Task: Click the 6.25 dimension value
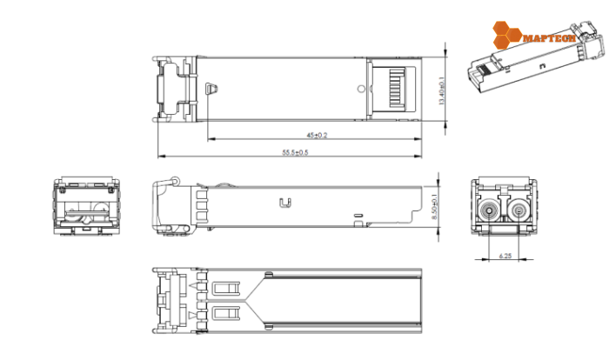point(505,256)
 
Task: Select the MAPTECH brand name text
point(543,37)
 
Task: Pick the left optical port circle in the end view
point(491,210)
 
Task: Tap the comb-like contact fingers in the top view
point(395,87)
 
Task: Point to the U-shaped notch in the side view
point(283,203)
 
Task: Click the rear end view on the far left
point(85,210)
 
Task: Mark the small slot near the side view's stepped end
point(356,214)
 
